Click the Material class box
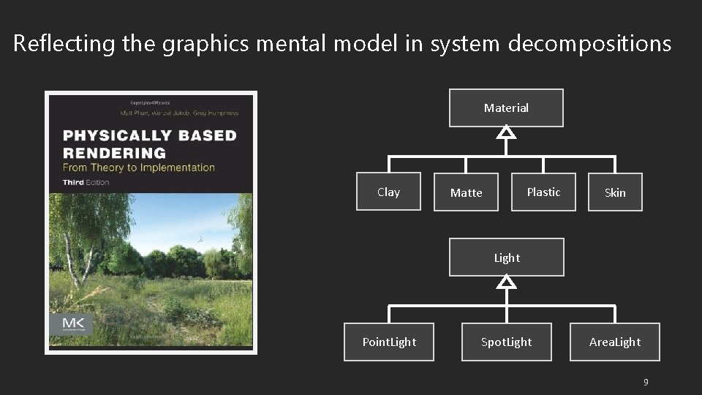pos(506,108)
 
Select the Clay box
pos(388,192)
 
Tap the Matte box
pos(467,192)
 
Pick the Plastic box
pos(543,192)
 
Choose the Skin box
pos(615,192)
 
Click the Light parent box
pos(507,257)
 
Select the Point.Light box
pos(389,342)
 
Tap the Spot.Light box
pos(506,342)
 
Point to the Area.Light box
pos(615,342)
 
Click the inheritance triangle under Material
pos(506,133)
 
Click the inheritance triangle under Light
pos(507,282)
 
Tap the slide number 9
pos(645,383)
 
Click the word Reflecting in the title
pos(63,45)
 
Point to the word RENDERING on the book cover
pos(115,153)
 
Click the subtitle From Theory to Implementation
pos(139,168)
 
